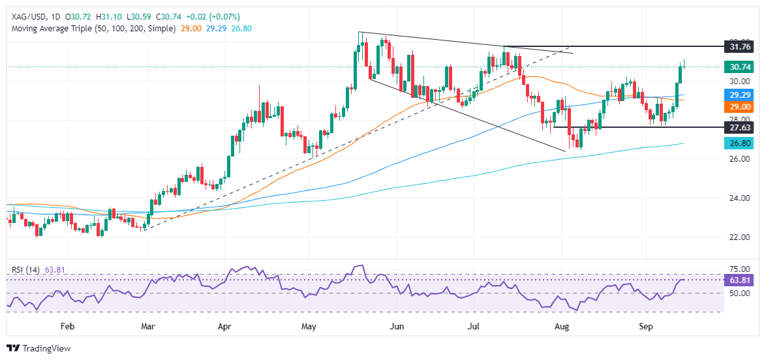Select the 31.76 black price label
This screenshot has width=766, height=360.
tap(741, 47)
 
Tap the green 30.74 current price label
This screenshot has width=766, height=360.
tap(741, 67)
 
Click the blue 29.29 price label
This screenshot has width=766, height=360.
tap(741, 95)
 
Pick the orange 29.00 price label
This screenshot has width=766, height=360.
tap(741, 106)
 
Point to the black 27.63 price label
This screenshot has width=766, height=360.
tap(741, 127)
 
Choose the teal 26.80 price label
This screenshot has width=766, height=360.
tap(741, 143)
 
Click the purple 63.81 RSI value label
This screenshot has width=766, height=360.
tap(741, 280)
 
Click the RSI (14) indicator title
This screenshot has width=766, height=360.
tap(27, 268)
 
